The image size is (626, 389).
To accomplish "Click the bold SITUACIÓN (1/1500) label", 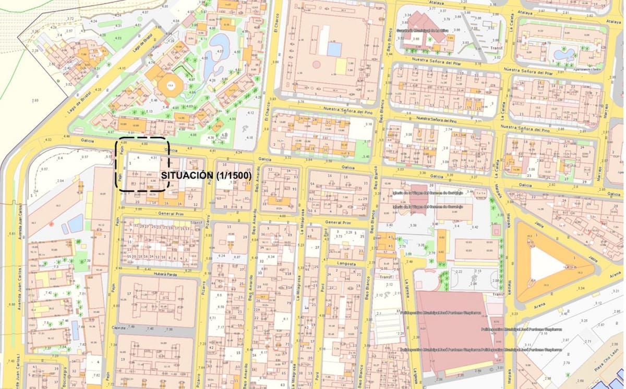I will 207,176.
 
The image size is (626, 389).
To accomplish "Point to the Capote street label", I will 119,328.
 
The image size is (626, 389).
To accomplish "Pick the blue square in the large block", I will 334,49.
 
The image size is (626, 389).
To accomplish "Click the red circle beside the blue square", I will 316,65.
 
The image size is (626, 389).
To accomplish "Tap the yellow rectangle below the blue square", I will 340,66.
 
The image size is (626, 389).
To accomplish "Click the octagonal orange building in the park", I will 171,84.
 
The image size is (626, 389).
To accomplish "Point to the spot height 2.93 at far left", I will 34,100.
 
